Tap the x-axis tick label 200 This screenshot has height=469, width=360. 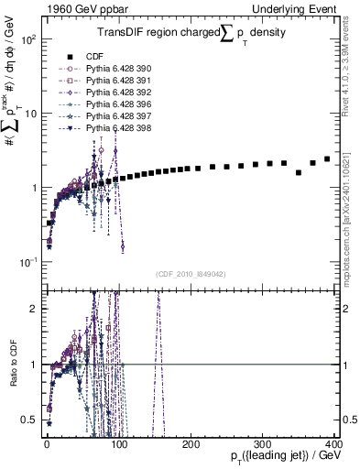pyautogui.click(x=191, y=442)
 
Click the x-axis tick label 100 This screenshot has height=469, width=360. pyautogui.click(x=119, y=442)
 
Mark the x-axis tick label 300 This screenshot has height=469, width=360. pyautogui.click(x=263, y=442)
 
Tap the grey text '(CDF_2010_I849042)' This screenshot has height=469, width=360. pyautogui.click(x=192, y=274)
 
